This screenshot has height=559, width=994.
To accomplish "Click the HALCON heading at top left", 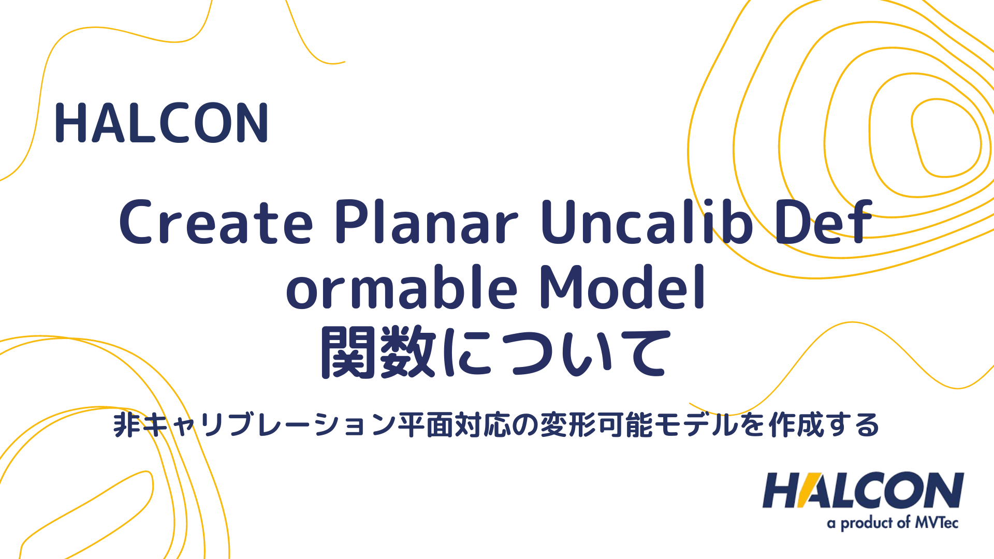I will click(162, 123).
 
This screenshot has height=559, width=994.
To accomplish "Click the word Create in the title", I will click(216, 223).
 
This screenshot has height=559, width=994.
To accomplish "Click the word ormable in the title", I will click(402, 288).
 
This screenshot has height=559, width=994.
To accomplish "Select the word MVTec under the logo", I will click(937, 523).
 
